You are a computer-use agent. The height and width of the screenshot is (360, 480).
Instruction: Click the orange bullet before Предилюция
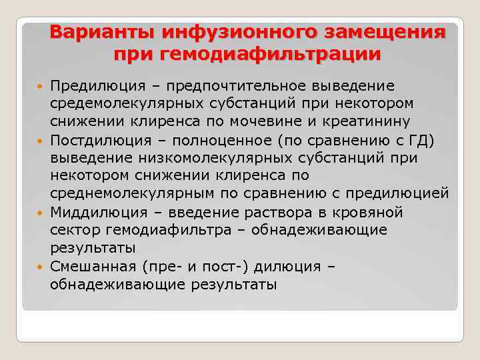tap(41, 87)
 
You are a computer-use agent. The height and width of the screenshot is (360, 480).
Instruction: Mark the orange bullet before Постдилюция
tap(41, 141)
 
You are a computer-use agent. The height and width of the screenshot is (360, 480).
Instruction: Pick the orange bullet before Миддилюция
tap(41, 213)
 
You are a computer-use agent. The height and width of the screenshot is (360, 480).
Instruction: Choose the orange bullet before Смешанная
tap(41, 267)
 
